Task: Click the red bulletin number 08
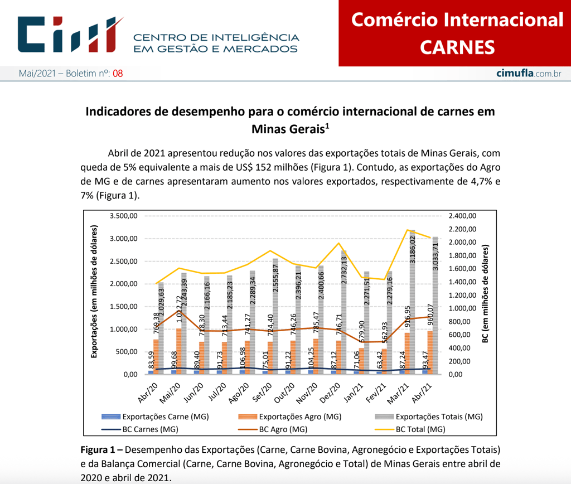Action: tap(118, 74)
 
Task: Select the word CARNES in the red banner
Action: tap(457, 47)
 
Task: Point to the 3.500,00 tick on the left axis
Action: tap(124, 216)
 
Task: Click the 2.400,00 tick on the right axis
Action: tap(462, 216)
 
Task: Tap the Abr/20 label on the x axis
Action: tap(147, 391)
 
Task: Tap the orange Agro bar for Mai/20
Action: tap(178, 351)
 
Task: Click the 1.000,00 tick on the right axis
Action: tap(462, 308)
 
